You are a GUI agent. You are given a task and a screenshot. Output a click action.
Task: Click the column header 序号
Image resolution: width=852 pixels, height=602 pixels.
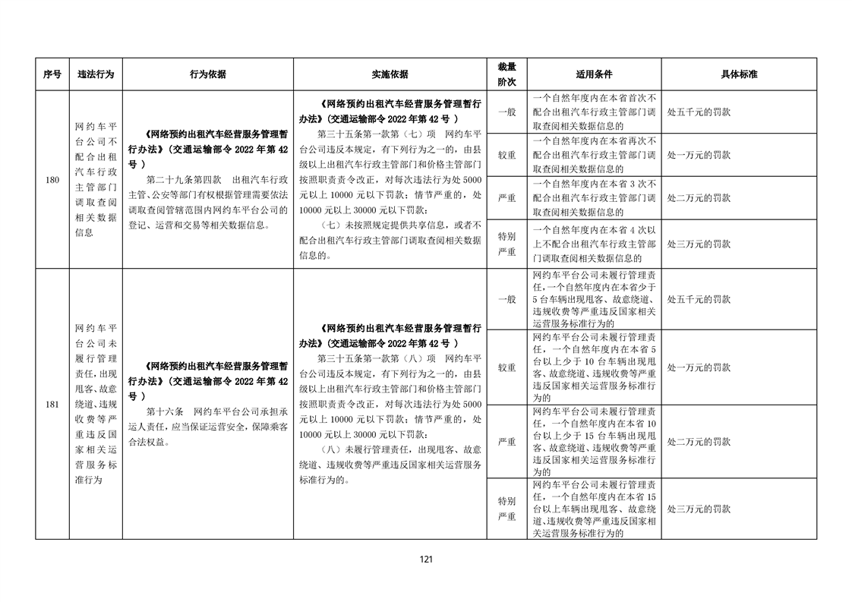click(52, 74)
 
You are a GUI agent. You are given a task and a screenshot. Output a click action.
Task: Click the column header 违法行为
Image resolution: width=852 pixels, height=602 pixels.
click(96, 74)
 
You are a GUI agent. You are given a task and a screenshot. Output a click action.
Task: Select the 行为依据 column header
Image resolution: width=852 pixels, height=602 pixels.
click(207, 74)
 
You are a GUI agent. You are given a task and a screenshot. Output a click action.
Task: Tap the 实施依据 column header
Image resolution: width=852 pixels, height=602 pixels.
click(390, 74)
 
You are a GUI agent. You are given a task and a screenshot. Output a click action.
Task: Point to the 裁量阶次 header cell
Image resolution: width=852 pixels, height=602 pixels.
click(506, 74)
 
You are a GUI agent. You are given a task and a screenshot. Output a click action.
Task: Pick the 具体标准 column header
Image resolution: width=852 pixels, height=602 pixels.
click(739, 74)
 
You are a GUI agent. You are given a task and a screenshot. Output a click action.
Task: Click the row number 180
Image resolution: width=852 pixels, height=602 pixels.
click(52, 180)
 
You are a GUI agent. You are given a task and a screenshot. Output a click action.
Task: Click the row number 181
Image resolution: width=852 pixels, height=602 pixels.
click(52, 404)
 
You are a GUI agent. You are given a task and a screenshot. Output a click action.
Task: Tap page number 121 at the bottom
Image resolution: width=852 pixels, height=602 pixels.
click(426, 559)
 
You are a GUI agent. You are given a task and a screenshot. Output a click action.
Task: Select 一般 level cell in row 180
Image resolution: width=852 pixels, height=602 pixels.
click(506, 112)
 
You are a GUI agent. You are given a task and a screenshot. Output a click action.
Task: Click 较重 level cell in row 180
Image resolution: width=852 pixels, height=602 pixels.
click(506, 155)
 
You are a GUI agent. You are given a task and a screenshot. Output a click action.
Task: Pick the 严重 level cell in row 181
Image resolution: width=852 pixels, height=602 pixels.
click(506, 441)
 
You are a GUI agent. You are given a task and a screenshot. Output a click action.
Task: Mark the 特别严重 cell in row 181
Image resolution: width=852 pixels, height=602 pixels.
click(506, 509)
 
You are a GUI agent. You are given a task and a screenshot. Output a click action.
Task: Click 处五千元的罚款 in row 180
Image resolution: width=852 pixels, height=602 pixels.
click(699, 112)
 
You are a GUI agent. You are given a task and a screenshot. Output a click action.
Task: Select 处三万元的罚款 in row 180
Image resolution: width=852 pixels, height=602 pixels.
click(699, 244)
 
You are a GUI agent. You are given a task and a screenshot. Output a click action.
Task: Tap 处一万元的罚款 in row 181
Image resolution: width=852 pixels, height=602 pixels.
click(699, 367)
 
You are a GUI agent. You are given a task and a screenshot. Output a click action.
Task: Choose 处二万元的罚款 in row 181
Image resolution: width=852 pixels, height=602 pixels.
click(699, 441)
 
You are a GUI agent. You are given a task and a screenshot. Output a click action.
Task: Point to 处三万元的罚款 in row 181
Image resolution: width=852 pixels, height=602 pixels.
click(699, 509)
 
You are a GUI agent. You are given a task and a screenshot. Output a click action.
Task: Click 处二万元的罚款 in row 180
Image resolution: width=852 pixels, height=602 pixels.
click(699, 197)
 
